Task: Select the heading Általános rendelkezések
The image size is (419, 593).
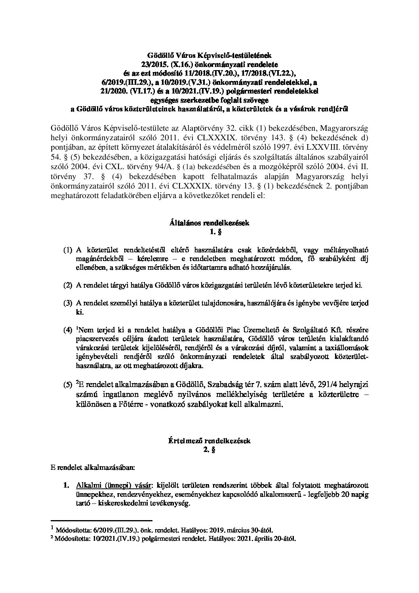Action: click(209, 223)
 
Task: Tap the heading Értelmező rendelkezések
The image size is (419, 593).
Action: click(209, 440)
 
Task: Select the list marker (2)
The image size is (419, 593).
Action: click(68, 286)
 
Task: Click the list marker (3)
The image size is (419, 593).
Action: click(68, 303)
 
